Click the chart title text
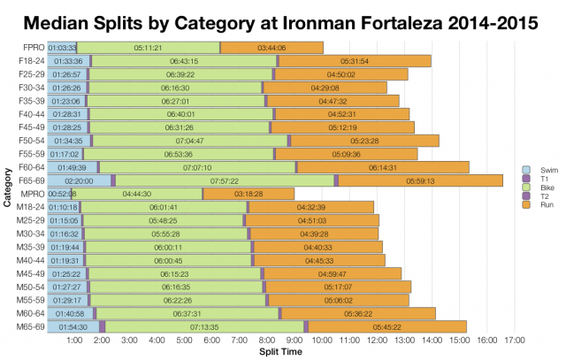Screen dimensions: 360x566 coord(283,19)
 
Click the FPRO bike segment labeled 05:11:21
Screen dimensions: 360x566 coord(147,47)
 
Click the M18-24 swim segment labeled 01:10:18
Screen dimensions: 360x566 coord(65,207)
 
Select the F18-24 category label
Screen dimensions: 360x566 coord(31,60)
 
